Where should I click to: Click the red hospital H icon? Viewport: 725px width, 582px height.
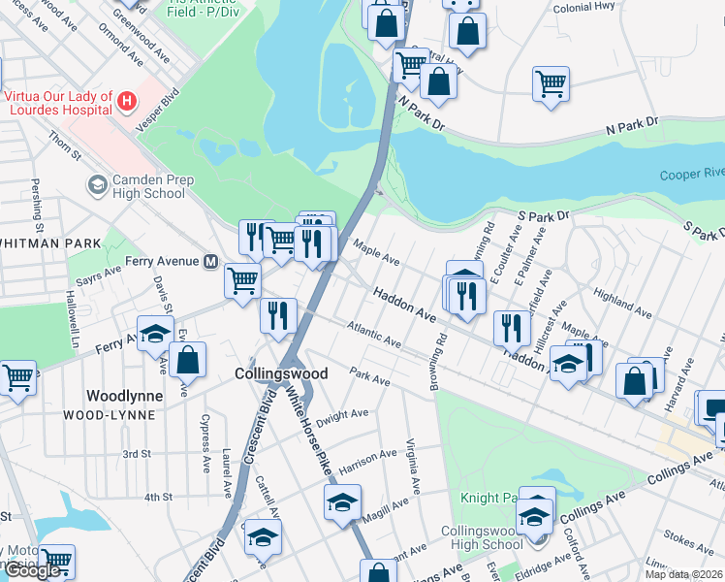click(125, 100)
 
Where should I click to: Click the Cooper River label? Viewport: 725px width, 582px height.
click(690, 174)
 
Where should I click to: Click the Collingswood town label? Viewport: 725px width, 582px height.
click(280, 373)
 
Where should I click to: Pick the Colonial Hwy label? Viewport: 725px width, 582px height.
click(584, 8)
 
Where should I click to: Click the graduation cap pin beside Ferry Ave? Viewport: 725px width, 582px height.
click(155, 334)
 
